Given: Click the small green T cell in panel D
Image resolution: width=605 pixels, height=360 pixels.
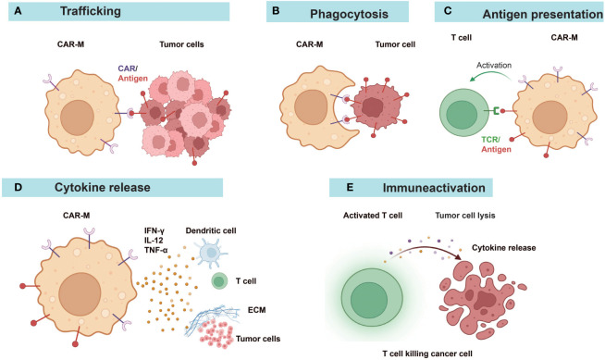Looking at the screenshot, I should click(x=218, y=279).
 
